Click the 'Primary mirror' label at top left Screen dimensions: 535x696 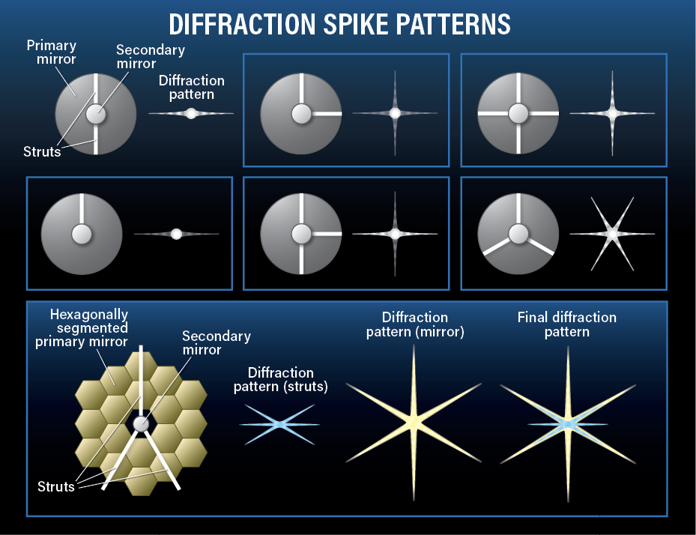point(52,52)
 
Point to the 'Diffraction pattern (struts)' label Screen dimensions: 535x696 point(280,380)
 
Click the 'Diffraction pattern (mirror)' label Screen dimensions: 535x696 point(415,324)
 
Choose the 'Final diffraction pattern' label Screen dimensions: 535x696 point(567,324)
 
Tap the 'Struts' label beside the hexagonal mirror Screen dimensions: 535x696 point(56,486)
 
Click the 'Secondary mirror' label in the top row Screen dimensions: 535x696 point(150,57)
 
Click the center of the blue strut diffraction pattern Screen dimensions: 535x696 point(279,425)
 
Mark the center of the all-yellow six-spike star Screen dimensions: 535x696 point(413,422)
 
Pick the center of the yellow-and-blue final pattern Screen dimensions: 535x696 point(568,424)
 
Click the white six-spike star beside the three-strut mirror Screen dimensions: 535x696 point(612,234)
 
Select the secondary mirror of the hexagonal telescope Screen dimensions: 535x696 point(141,424)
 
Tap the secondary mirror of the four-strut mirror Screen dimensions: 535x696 point(518,114)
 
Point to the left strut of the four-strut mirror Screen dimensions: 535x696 point(494,114)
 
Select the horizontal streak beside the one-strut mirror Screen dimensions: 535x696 point(176,234)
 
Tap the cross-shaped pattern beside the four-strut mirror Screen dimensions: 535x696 point(612,114)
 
